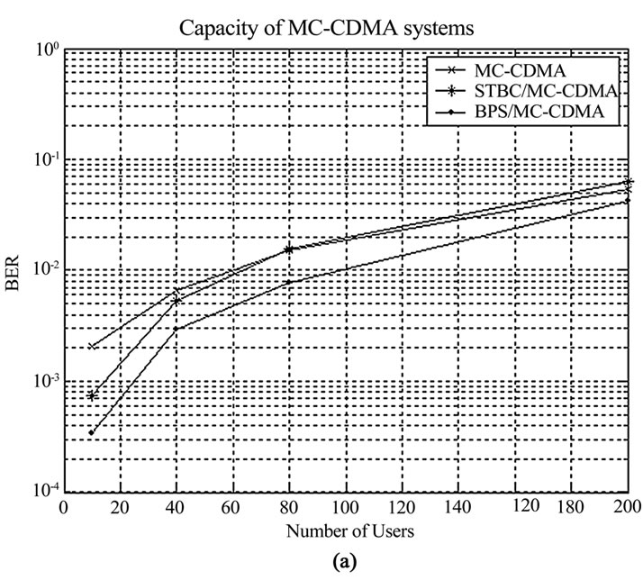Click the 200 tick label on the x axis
click(x=628, y=510)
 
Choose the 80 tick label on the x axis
click(x=289, y=510)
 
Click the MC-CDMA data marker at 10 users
click(x=92, y=347)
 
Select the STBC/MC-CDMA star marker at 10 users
click(x=92, y=396)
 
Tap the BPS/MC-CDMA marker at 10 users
click(x=92, y=433)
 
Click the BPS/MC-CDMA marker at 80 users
click(x=289, y=282)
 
